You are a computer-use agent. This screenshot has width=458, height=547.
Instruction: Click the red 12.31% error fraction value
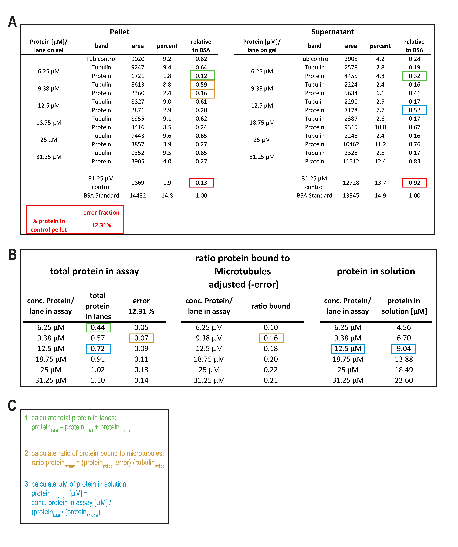click(x=101, y=225)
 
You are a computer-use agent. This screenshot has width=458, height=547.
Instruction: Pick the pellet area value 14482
click(x=138, y=196)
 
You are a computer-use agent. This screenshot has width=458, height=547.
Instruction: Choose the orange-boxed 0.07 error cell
click(x=141, y=338)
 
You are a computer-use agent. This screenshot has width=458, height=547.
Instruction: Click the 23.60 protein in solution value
click(x=404, y=380)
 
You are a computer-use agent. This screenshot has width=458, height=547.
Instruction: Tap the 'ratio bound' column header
click(x=271, y=306)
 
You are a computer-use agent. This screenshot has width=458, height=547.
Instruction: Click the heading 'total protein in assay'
click(x=94, y=271)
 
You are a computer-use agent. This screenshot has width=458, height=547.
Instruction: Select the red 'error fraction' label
click(x=101, y=213)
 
